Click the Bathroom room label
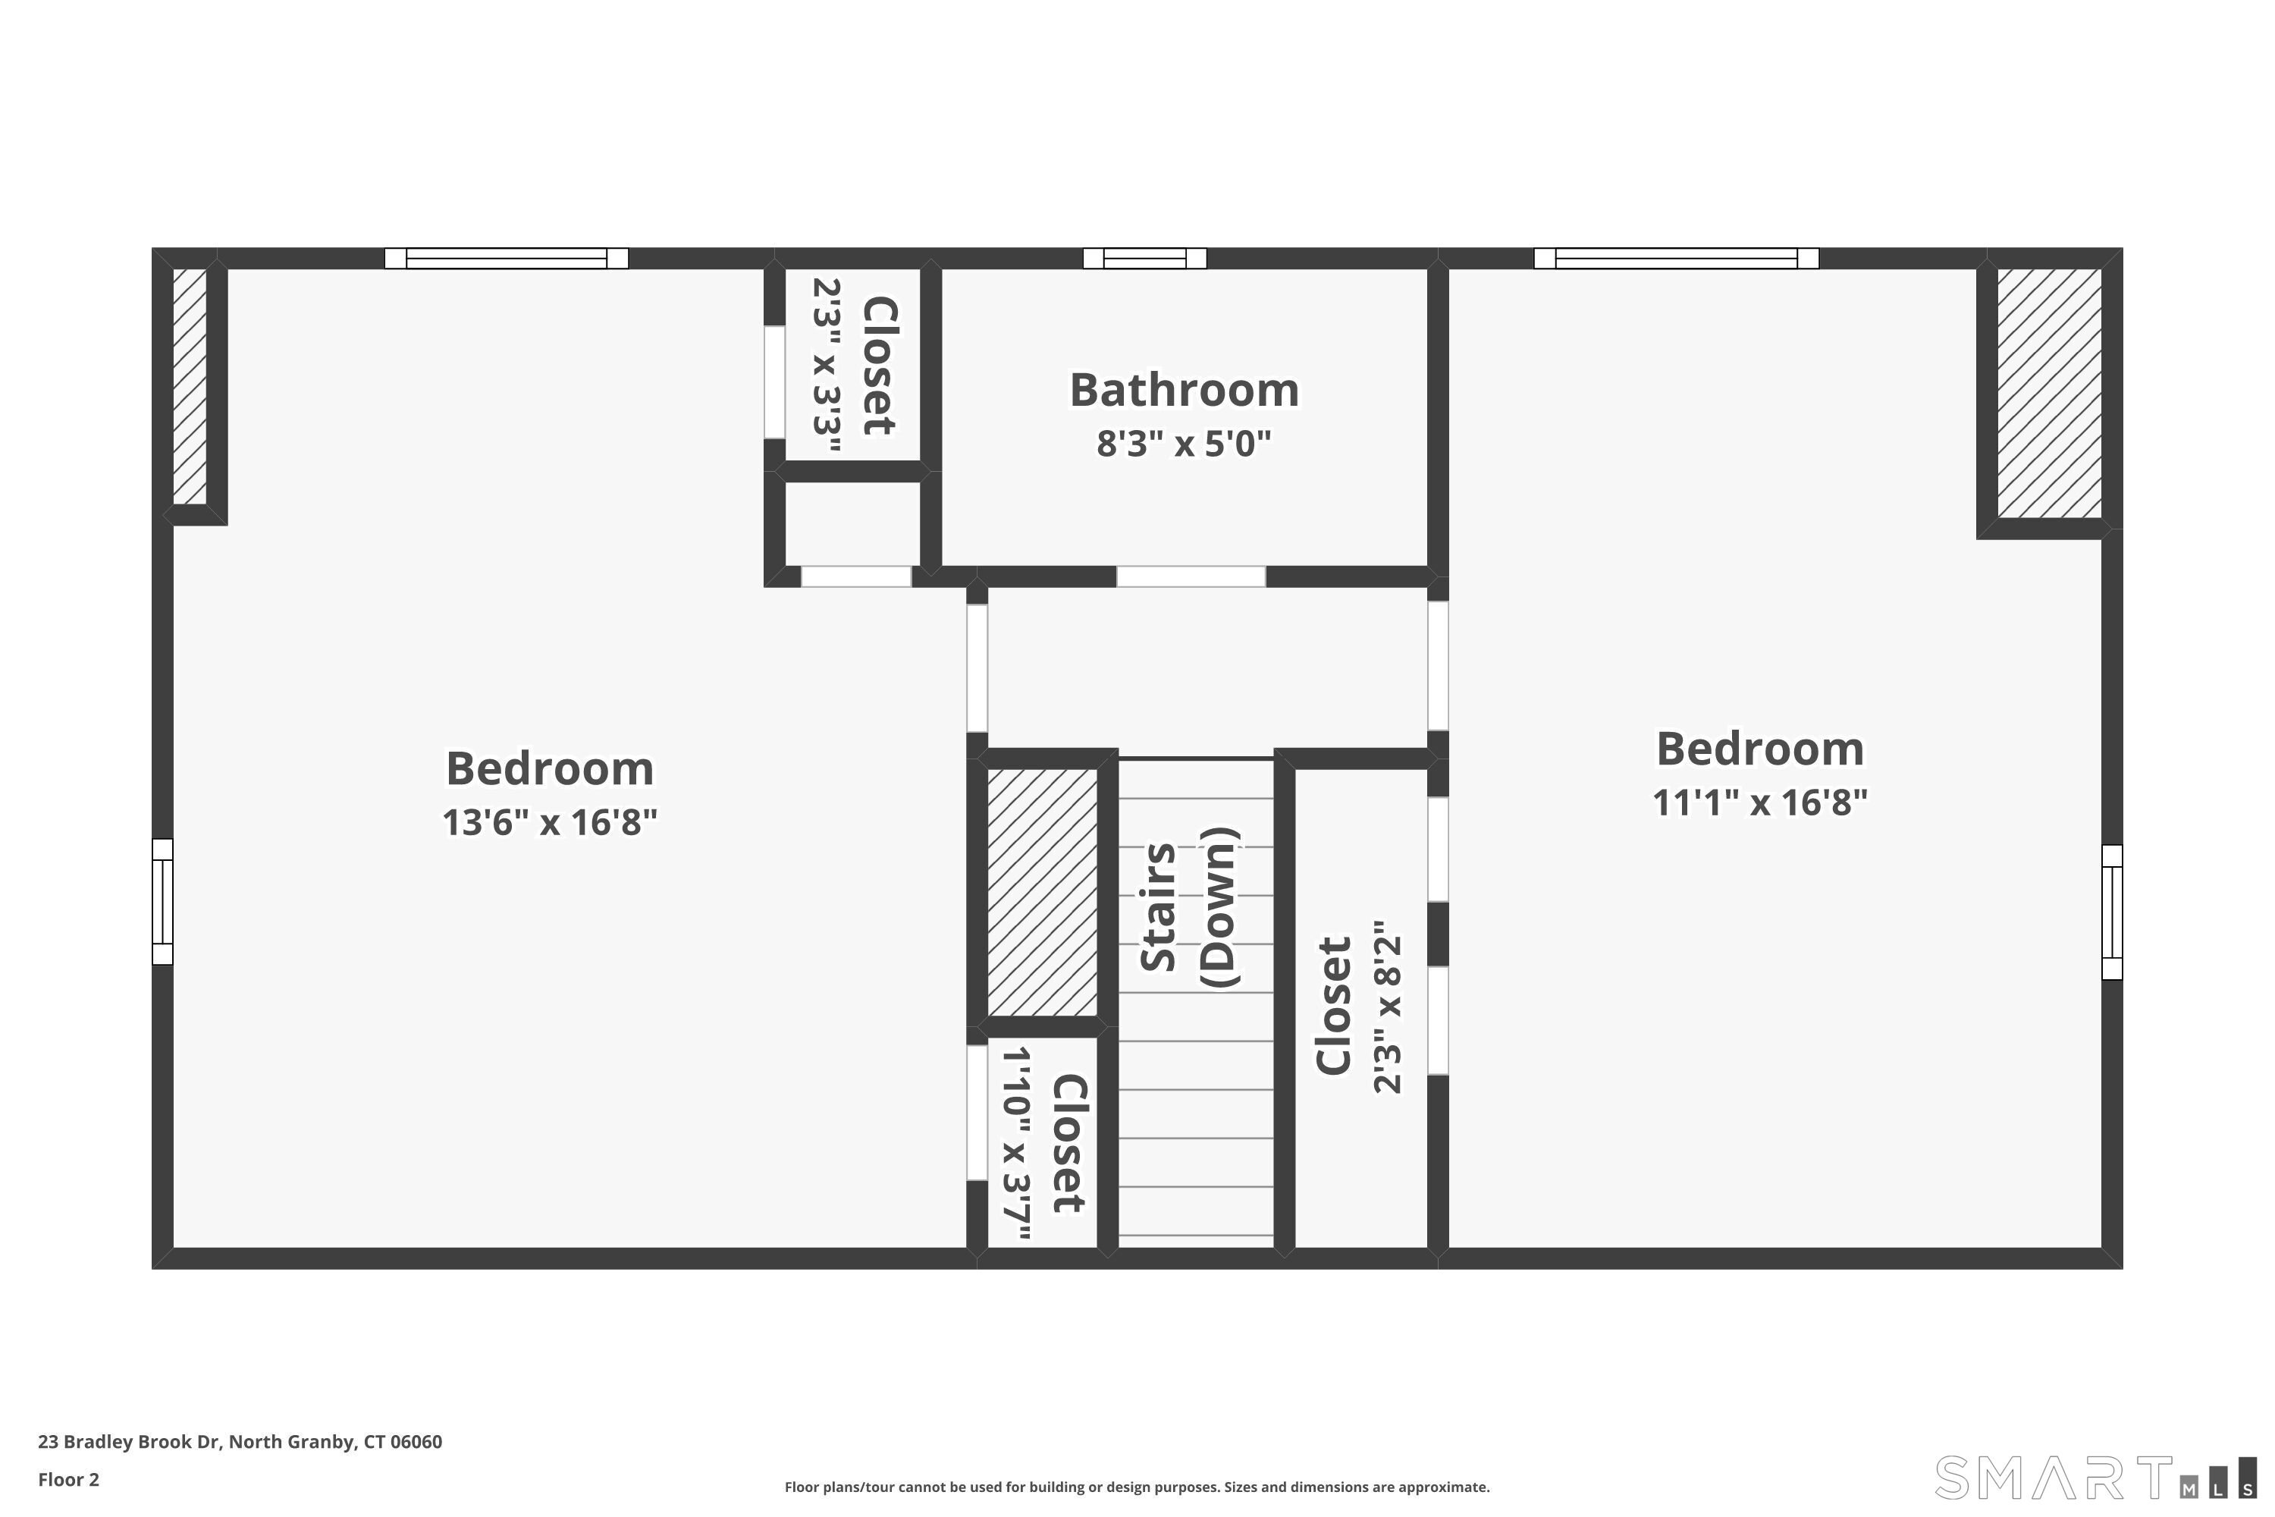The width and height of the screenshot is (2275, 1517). click(x=1183, y=391)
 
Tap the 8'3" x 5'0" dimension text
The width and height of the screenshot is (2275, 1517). click(x=1183, y=444)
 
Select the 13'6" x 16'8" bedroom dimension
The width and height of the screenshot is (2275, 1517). click(x=549, y=822)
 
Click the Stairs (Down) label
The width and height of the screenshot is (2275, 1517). click(x=1188, y=907)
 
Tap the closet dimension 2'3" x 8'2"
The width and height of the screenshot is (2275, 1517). click(x=1387, y=1007)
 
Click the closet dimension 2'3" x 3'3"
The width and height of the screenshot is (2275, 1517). click(x=826, y=366)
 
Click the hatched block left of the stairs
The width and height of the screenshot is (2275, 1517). click(x=1042, y=892)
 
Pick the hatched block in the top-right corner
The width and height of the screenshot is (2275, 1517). click(x=2049, y=394)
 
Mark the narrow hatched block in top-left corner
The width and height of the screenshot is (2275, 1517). click(x=190, y=386)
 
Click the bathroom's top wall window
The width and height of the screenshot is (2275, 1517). click(x=1144, y=259)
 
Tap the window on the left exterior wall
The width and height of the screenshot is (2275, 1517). click(x=162, y=901)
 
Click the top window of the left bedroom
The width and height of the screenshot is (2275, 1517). click(x=506, y=259)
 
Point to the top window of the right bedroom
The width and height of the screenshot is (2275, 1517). click(x=1675, y=259)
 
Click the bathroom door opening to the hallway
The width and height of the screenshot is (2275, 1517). click(x=1191, y=576)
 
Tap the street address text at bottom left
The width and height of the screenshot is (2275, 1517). click(x=240, y=1442)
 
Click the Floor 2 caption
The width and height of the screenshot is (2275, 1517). click(x=69, y=1479)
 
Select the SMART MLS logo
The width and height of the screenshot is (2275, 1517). click(x=2094, y=1478)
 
